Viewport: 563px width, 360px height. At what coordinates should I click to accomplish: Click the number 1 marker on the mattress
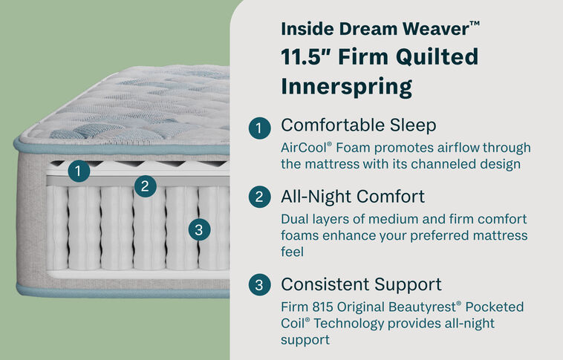point(78,171)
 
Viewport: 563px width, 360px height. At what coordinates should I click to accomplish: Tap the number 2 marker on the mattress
point(146,186)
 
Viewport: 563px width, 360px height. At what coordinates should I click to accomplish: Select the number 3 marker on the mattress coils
point(197,229)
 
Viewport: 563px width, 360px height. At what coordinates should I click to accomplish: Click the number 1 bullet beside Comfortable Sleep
point(258,128)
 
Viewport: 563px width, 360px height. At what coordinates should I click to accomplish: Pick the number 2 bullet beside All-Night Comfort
point(258,197)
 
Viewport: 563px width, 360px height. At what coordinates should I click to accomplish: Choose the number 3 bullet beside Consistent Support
point(258,285)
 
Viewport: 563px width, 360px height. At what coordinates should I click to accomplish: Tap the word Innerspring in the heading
point(346,87)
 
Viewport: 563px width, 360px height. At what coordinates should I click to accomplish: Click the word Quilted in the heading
point(443,57)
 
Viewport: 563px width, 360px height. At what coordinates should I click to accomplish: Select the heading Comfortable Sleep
point(358,125)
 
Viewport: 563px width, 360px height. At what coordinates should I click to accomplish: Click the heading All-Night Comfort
point(353,197)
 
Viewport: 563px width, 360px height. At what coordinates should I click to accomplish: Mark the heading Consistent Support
point(361,284)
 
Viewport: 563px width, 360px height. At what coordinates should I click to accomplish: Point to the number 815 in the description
point(326,307)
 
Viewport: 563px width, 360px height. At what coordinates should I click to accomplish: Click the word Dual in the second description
point(295,220)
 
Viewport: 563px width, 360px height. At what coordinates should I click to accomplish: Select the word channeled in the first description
point(421,164)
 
